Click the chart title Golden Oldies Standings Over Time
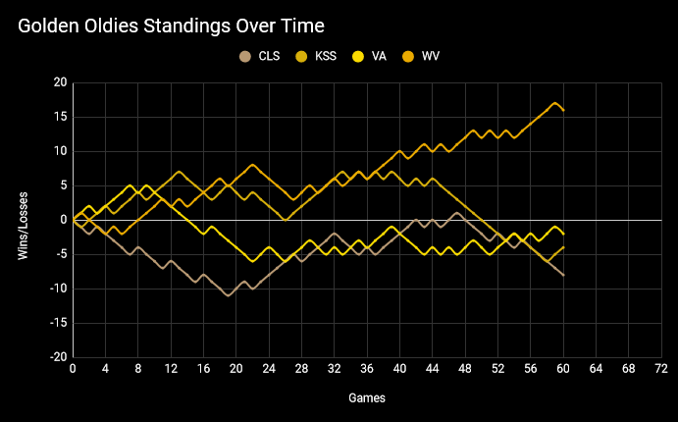(x=171, y=24)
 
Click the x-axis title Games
(x=367, y=398)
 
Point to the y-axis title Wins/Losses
(x=24, y=220)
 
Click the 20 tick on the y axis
(x=60, y=82)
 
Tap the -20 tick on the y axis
(x=58, y=357)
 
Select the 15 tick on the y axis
(x=60, y=117)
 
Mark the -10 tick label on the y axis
(x=58, y=289)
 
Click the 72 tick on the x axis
(x=661, y=369)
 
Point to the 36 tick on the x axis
(x=367, y=369)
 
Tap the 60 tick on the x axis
(x=563, y=369)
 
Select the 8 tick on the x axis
(x=138, y=369)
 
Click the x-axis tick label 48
(x=465, y=369)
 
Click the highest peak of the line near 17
(x=555, y=103)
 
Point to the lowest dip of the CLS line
(x=229, y=295)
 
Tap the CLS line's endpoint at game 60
(x=563, y=275)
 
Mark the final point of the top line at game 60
(x=563, y=110)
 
